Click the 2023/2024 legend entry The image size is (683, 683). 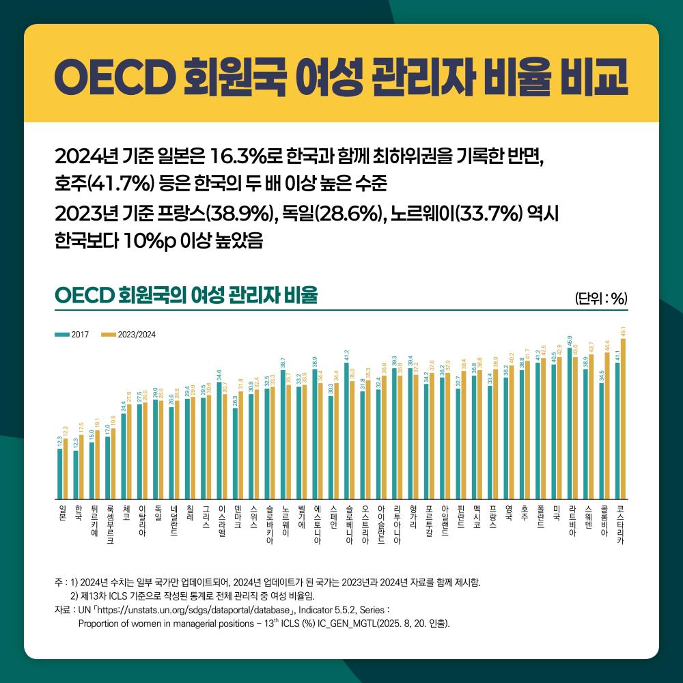pos(129,335)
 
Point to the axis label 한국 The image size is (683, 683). pos(79,513)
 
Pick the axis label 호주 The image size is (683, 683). pos(525,513)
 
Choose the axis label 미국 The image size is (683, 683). pos(557,513)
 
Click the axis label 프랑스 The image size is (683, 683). pos(492,518)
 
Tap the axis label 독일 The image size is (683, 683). pos(158,513)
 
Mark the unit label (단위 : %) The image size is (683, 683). pos(602,298)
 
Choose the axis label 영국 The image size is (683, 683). pos(509,513)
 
